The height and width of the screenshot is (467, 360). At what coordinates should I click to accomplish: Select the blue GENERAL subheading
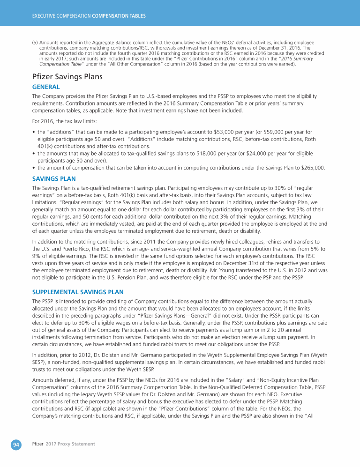pyautogui.click(x=45, y=87)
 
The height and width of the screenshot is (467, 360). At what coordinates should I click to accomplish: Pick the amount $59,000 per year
pyautogui.click(x=269, y=132)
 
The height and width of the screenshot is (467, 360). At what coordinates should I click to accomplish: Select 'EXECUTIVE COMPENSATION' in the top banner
pyautogui.click(x=61, y=16)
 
